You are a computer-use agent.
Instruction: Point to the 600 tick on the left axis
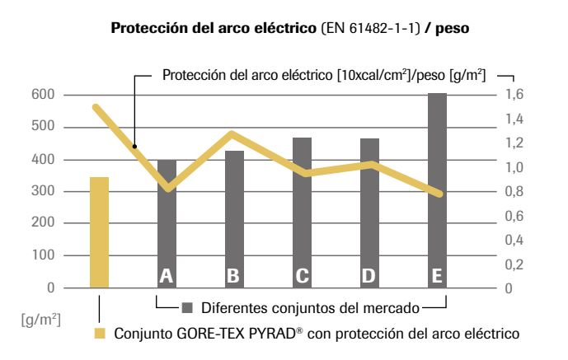point(43,96)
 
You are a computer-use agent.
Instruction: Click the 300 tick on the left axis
point(43,192)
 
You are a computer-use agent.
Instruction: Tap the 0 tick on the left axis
point(49,288)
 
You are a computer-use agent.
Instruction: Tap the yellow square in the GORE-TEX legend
point(99,334)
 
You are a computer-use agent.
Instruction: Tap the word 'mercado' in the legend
point(391,308)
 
